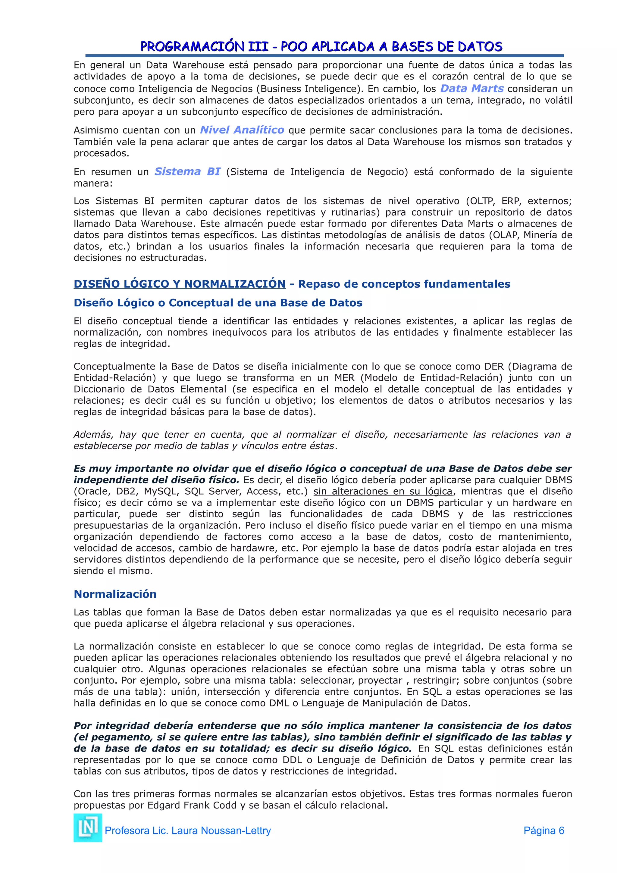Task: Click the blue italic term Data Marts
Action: click(471, 88)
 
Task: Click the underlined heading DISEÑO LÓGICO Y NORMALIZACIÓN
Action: click(180, 284)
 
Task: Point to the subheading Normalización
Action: click(115, 594)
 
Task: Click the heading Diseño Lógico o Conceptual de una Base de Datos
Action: click(218, 303)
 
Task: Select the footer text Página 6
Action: click(543, 831)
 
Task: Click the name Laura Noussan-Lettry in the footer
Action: click(221, 831)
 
